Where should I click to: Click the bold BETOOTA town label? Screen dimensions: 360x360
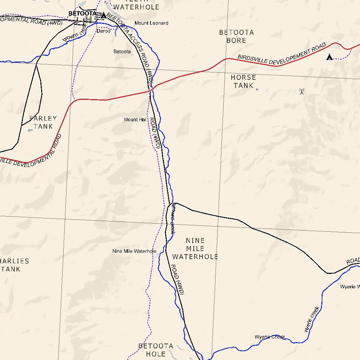(x=82, y=13)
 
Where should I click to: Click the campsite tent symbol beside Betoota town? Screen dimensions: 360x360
(x=103, y=15)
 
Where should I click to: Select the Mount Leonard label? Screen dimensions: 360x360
(x=152, y=23)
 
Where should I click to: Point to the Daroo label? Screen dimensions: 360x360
(x=103, y=31)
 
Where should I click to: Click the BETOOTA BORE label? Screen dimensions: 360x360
(x=236, y=36)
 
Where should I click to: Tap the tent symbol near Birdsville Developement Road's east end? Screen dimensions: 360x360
(x=329, y=57)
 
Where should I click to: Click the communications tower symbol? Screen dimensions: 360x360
(x=301, y=92)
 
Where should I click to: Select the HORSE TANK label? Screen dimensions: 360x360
(x=243, y=81)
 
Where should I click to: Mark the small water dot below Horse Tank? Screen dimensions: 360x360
(x=257, y=90)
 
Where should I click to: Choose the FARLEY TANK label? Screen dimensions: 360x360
(x=43, y=122)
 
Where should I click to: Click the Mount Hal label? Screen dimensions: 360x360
(x=135, y=120)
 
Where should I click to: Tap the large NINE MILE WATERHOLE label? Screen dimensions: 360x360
(x=195, y=249)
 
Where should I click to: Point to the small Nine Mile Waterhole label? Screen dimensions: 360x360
(x=134, y=251)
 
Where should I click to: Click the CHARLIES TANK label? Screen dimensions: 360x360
(x=14, y=265)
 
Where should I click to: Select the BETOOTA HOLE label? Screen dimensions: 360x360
(x=156, y=350)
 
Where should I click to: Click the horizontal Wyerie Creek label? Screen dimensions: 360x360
(x=270, y=337)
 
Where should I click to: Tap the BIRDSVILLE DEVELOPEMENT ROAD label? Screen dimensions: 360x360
(x=282, y=53)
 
